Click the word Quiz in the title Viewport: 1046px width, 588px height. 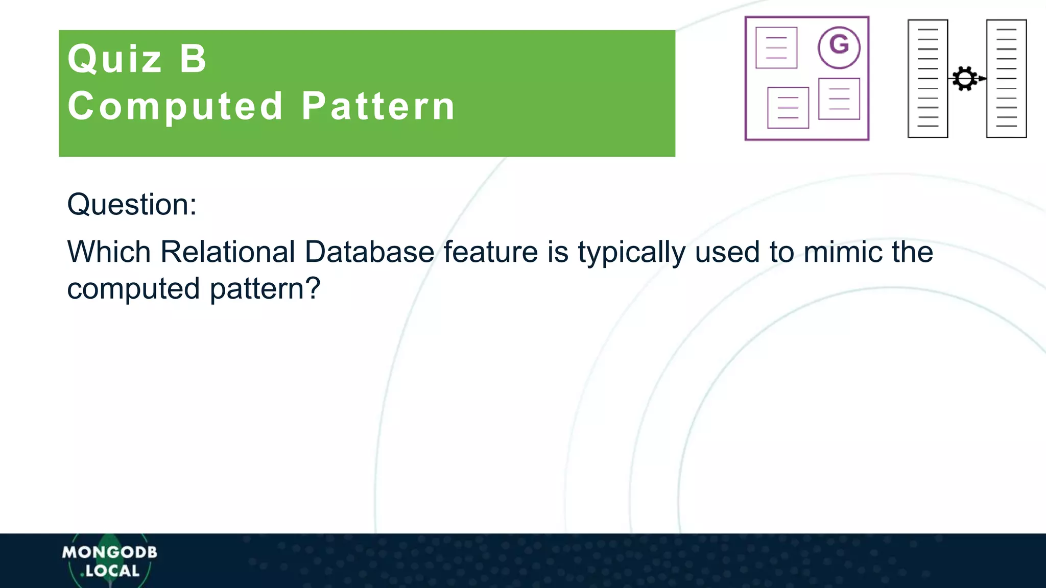(115, 59)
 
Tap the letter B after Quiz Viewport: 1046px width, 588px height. (194, 59)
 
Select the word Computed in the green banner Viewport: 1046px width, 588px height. (176, 107)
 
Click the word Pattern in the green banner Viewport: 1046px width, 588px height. (378, 107)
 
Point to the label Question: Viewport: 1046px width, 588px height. (132, 205)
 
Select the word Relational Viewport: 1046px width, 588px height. (228, 252)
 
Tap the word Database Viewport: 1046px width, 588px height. (369, 252)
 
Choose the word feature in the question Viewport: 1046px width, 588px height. (490, 252)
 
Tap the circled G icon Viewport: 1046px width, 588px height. (839, 47)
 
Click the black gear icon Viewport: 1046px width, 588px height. (964, 79)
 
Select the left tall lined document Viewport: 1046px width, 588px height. (928, 79)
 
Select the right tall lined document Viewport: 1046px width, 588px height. (1006, 79)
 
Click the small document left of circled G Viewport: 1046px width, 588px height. (776, 47)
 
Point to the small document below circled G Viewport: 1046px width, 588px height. (839, 99)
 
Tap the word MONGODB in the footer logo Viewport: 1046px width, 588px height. (110, 552)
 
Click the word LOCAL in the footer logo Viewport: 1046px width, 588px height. (112, 571)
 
